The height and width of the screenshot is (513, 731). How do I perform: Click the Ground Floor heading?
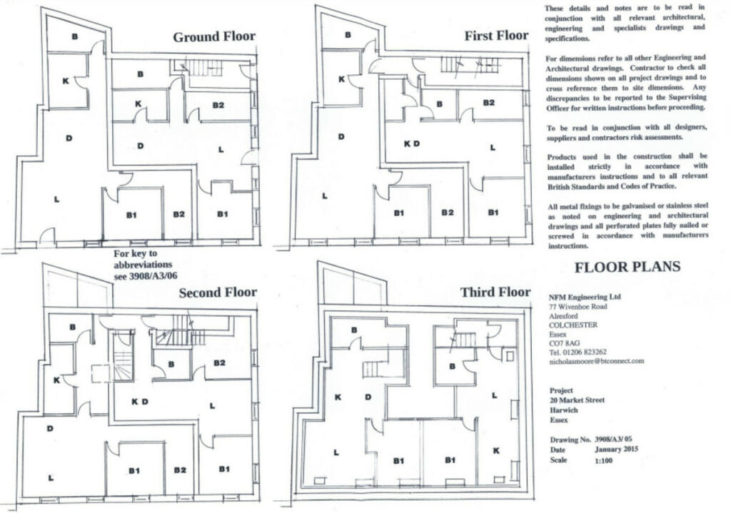click(214, 37)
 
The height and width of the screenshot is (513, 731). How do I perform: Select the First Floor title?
click(496, 36)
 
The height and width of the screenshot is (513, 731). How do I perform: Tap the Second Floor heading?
click(218, 293)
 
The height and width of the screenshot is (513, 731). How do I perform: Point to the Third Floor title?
click(495, 292)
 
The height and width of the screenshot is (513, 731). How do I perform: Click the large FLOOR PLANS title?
click(627, 267)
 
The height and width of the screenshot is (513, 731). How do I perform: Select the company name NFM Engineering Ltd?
click(585, 297)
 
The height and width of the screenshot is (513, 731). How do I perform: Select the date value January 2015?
click(616, 449)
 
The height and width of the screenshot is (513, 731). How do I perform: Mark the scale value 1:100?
click(604, 460)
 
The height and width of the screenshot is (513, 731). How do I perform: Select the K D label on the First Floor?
click(412, 143)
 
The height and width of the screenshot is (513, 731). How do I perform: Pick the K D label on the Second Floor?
click(140, 402)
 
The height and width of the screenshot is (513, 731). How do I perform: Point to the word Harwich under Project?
click(563, 410)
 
